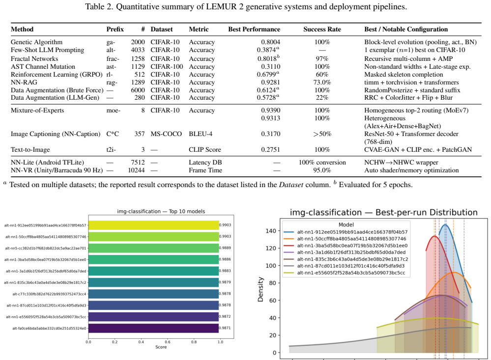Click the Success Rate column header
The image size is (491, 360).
pyautogui.click(x=322, y=29)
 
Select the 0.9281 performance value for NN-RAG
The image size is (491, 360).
pyautogui.click(x=270, y=83)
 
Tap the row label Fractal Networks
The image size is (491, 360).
pyautogui.click(x=34, y=58)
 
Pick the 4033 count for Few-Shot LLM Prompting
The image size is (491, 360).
pyautogui.click(x=138, y=50)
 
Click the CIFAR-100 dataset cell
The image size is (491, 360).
pyautogui.click(x=167, y=67)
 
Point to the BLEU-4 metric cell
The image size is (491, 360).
pyautogui.click(x=201, y=134)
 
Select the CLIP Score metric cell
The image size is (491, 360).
pyautogui.click(x=205, y=150)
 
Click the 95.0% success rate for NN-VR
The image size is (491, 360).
pyautogui.click(x=322, y=170)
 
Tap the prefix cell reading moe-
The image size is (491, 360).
pyautogui.click(x=114, y=111)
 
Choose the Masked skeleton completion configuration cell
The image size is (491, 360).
pyautogui.click(x=404, y=75)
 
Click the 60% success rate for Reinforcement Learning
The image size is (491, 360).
pyautogui.click(x=322, y=75)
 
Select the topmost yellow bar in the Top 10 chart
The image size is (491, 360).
pyautogui.click(x=153, y=225)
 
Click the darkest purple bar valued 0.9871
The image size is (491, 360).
pyautogui.click(x=153, y=328)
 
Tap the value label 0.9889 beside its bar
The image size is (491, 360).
pyautogui.click(x=225, y=248)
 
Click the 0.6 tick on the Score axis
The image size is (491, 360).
pyautogui.click(x=168, y=342)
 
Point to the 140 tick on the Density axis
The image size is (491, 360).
pyautogui.click(x=270, y=231)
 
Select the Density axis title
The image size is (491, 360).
pyautogui.click(x=260, y=290)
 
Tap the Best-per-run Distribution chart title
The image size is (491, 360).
pyautogui.click(x=383, y=213)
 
